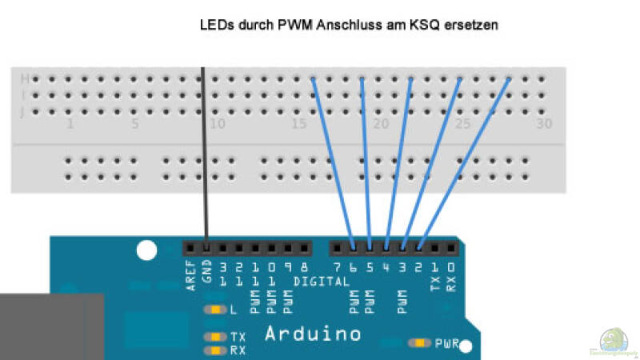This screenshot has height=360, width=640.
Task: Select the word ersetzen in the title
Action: tap(473, 25)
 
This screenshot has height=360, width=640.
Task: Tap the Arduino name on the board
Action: tap(312, 333)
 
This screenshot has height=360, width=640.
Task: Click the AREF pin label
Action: tap(190, 275)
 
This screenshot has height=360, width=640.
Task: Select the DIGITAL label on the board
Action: tap(319, 282)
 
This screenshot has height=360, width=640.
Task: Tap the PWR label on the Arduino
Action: tap(446, 344)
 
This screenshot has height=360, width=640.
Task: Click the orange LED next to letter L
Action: tap(215, 310)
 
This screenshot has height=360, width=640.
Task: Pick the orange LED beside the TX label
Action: tap(215, 338)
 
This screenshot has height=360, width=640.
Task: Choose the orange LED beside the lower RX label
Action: tap(215, 350)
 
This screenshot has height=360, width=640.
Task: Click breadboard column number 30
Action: tap(544, 125)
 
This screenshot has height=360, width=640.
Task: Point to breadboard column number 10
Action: tap(216, 125)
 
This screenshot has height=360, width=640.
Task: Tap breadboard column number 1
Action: tap(70, 125)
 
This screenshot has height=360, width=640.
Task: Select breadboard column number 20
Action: tap(381, 125)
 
